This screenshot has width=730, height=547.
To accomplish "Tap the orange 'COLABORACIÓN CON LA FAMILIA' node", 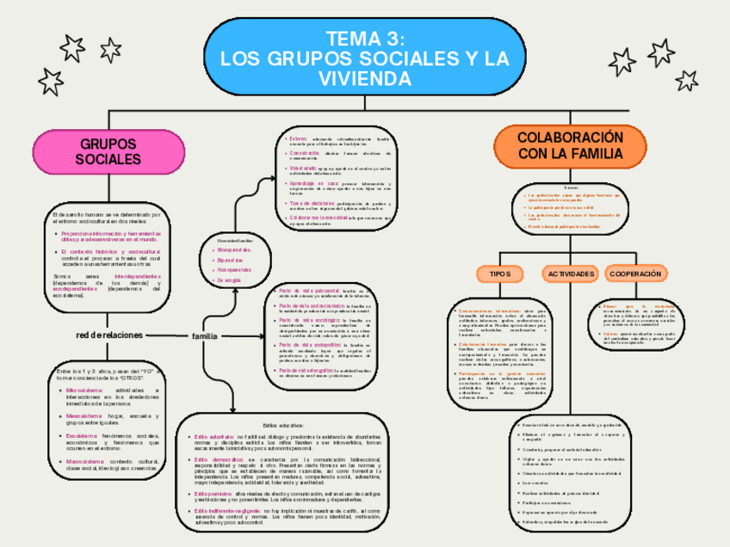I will coord(569,145).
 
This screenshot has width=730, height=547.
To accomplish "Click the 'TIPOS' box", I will coord(499,273).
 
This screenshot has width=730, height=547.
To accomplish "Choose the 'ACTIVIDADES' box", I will coord(569,273).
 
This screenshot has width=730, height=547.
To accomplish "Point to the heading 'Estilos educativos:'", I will coord(283,426).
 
